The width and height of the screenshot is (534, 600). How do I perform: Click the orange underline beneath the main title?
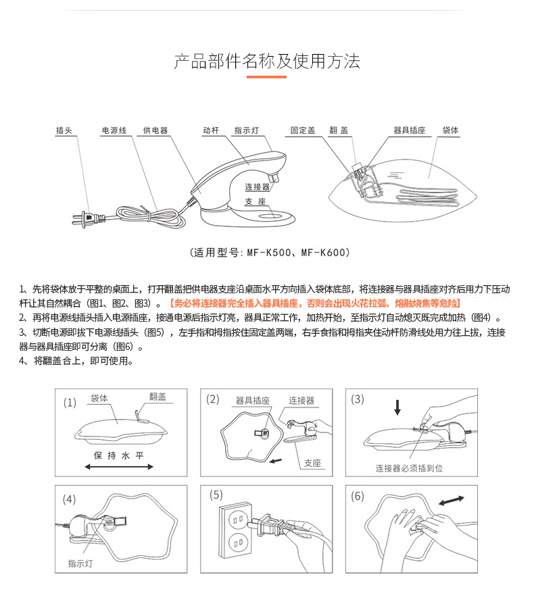pyautogui.click(x=266, y=77)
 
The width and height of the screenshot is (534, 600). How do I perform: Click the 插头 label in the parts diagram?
pyautogui.click(x=64, y=130)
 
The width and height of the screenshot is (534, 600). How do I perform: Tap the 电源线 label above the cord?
pyautogui.click(x=114, y=130)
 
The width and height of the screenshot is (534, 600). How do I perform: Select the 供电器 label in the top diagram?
pyautogui.click(x=155, y=130)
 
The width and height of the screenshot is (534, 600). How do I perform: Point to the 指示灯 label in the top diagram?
pyautogui.click(x=247, y=130)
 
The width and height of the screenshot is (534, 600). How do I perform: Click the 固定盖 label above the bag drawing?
pyautogui.click(x=303, y=130)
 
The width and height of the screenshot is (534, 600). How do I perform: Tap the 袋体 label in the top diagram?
pyautogui.click(x=451, y=130)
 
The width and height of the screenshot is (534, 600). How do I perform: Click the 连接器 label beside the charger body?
pyautogui.click(x=258, y=186)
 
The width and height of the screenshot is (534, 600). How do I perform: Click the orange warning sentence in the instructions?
pyautogui.click(x=315, y=303)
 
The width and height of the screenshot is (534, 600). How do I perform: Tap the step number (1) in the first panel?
pyautogui.click(x=70, y=403)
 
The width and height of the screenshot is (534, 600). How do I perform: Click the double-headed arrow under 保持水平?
pyautogui.click(x=119, y=467)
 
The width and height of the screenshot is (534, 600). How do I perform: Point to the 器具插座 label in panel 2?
pyautogui.click(x=253, y=401)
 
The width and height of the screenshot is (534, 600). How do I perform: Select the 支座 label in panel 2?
pyautogui.click(x=312, y=464)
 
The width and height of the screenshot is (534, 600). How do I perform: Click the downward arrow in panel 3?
pyautogui.click(x=397, y=407)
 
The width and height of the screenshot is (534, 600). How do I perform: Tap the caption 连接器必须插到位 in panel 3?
pyautogui.click(x=409, y=468)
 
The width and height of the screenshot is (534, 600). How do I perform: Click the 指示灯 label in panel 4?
pyautogui.click(x=80, y=564)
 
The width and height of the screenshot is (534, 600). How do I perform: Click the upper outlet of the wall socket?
pyautogui.click(x=236, y=520)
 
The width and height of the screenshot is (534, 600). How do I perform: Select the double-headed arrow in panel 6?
pyautogui.click(x=452, y=501)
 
